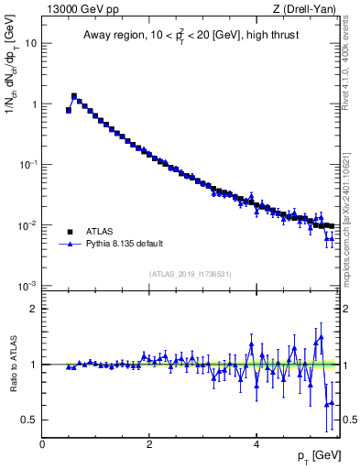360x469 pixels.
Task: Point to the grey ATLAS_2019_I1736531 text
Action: [x=191, y=274]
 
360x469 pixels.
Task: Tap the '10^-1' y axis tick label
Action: [x=28, y=164]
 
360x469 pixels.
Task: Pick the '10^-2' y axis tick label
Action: [x=28, y=225]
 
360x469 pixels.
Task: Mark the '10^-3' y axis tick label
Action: [x=28, y=286]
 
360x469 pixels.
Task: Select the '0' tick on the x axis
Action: [x=42, y=443]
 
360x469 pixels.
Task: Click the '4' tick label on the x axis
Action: [x=256, y=443]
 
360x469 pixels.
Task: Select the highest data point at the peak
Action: [x=74, y=95]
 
